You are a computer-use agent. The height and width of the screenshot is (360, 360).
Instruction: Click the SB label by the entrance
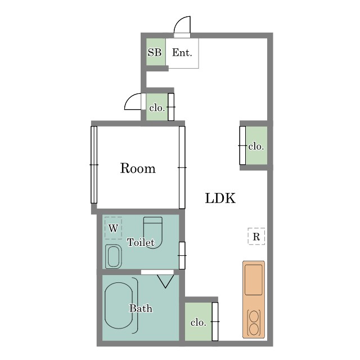click(155, 52)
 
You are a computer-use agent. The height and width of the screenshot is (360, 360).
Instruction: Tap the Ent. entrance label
click(182, 52)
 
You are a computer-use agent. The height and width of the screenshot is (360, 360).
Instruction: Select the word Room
click(138, 168)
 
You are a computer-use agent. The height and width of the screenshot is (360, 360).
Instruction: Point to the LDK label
click(220, 199)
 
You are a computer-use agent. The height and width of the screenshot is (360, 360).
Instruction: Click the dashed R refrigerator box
click(256, 236)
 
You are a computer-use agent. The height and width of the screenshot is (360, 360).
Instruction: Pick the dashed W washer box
click(113, 228)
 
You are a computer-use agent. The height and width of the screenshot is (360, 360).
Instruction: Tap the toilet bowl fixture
click(153, 232)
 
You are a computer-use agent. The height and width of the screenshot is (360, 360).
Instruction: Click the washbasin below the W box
click(114, 256)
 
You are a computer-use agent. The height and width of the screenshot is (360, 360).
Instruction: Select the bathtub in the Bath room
click(119, 305)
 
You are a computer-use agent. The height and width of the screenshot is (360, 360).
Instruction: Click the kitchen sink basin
click(254, 280)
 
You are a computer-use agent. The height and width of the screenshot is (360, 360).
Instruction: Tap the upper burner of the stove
click(254, 317)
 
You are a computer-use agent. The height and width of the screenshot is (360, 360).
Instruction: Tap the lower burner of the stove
click(254, 330)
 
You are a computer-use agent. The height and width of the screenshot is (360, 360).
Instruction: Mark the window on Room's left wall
click(94, 165)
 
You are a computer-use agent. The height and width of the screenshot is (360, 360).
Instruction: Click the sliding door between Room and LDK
click(182, 168)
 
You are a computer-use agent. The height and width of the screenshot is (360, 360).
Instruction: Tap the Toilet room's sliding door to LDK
click(182, 255)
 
